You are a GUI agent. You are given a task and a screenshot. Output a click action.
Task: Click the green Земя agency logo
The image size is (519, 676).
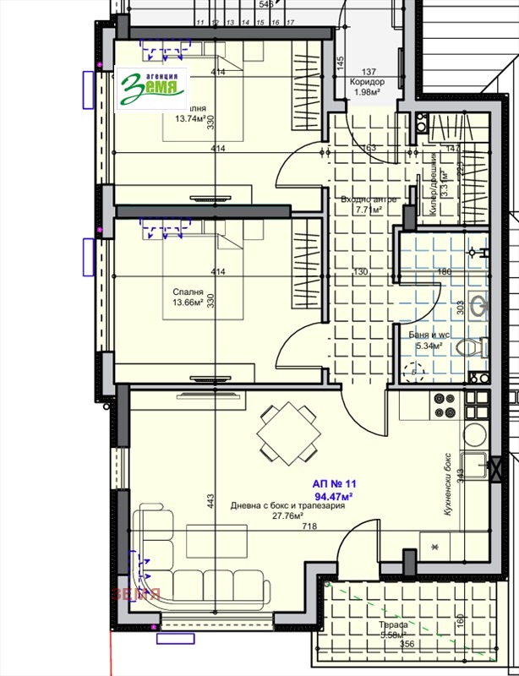click(x=153, y=87)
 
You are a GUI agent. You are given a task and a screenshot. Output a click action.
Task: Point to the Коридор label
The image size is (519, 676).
click(x=367, y=82)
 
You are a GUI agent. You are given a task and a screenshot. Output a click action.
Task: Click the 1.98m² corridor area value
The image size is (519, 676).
click(x=367, y=92)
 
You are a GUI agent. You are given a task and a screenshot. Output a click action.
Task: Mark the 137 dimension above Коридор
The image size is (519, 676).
click(x=369, y=72)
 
